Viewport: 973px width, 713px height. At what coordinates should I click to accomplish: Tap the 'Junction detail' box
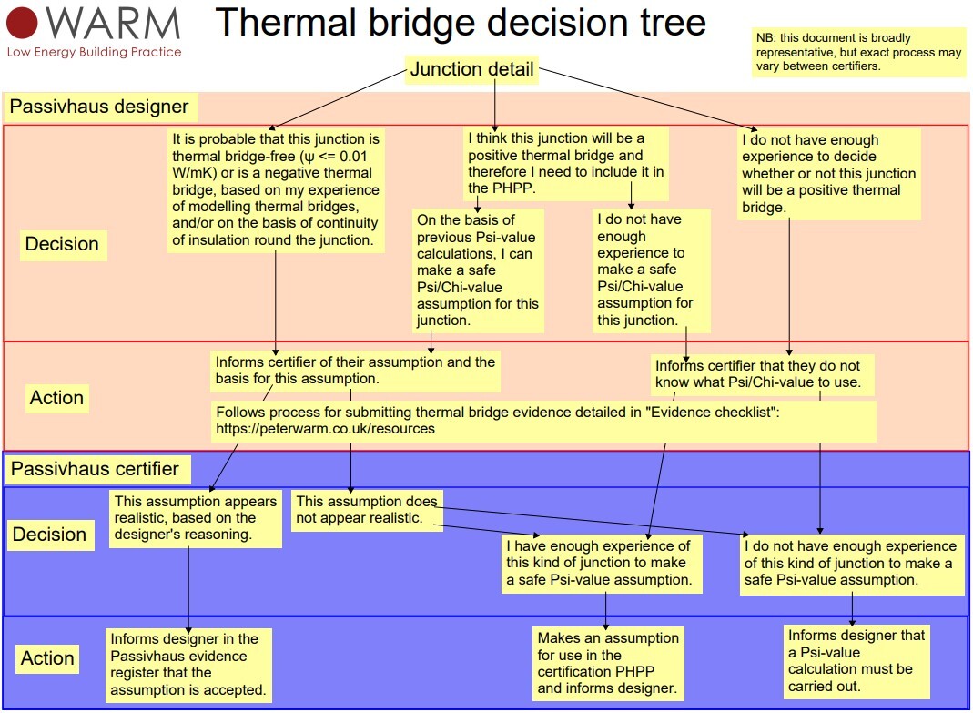coord(471,70)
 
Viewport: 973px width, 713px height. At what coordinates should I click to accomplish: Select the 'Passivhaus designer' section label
coord(99,107)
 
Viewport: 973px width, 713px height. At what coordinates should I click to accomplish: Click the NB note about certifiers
coord(858,53)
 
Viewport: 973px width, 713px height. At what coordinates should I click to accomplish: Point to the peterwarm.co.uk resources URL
coord(325,428)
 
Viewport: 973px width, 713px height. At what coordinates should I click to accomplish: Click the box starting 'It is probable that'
coord(276,189)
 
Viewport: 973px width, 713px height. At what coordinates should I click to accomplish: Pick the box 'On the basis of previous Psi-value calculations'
coord(477,270)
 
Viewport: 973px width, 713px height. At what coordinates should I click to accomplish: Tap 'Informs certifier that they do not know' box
coord(764,373)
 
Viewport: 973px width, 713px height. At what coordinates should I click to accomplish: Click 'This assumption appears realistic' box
coord(196,518)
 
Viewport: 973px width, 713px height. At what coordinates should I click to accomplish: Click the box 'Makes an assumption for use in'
coord(608,663)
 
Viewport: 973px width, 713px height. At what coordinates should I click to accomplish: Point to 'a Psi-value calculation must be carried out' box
coord(856,660)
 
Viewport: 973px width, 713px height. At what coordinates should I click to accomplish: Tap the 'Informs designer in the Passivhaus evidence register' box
coord(188,664)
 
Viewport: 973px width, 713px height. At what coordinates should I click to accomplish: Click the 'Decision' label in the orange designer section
coord(62,244)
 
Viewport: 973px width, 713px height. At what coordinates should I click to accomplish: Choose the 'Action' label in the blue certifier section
coord(46,658)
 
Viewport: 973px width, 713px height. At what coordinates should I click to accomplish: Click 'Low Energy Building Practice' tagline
coord(94,52)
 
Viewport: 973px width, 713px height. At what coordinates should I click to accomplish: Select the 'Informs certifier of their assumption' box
coord(355,370)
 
